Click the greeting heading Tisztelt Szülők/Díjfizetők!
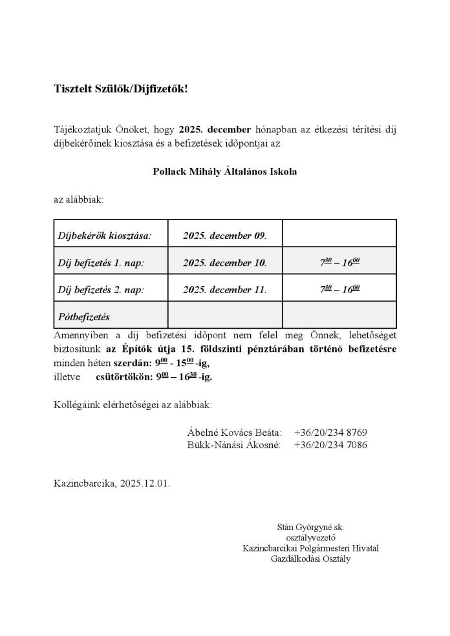pos(121,88)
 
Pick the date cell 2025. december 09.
pos(224,236)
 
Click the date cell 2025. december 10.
pos(224,263)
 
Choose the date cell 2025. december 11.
pos(224,289)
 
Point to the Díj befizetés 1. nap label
pos(102,263)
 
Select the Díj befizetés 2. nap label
pos(102,289)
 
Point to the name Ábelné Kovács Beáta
pos(235,433)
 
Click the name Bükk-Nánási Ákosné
pos(233,446)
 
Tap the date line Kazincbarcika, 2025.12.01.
pos(112,483)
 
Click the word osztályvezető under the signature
pos(310,538)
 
